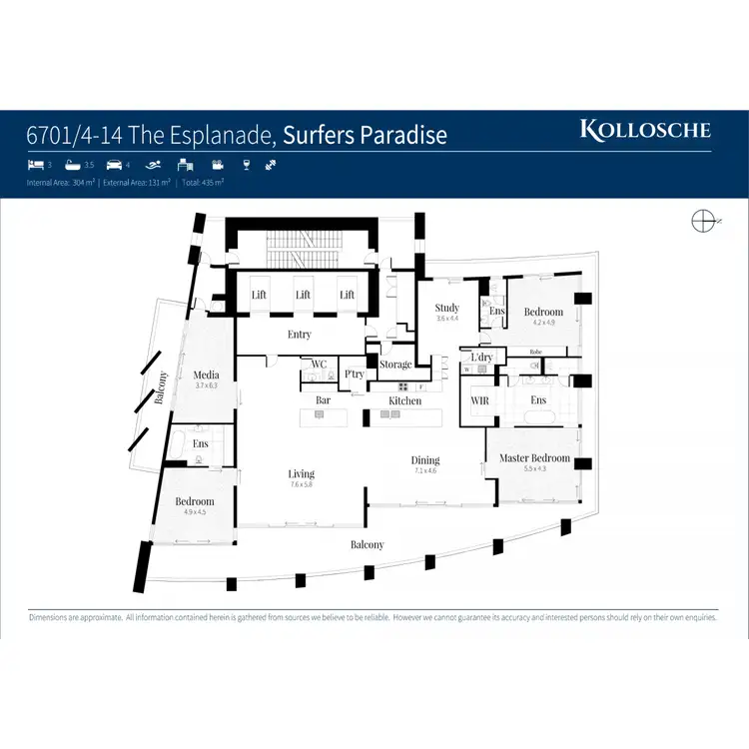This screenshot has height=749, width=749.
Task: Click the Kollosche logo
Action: pyautogui.click(x=645, y=130)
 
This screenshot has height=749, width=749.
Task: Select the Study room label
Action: pyautogui.click(x=447, y=308)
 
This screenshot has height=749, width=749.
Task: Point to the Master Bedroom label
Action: pyautogui.click(x=535, y=458)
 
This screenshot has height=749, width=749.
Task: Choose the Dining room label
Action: pyautogui.click(x=425, y=460)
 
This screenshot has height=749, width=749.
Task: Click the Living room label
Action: pyautogui.click(x=301, y=473)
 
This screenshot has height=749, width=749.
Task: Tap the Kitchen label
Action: pyautogui.click(x=405, y=400)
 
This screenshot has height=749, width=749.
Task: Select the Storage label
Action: pyautogui.click(x=395, y=365)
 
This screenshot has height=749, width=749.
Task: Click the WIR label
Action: pyautogui.click(x=478, y=400)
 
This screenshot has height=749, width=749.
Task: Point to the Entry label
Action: pyautogui.click(x=300, y=335)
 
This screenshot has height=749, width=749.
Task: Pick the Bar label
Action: pyautogui.click(x=324, y=400)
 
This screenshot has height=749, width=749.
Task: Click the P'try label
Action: pyautogui.click(x=354, y=374)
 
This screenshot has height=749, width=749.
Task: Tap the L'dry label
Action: pyautogui.click(x=482, y=357)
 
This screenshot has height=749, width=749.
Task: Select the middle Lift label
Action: pyautogui.click(x=303, y=295)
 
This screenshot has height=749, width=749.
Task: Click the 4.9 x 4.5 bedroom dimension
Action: pyautogui.click(x=194, y=512)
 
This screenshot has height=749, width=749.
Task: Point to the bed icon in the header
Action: pyautogui.click(x=35, y=166)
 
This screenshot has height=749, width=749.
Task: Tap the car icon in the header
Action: pyautogui.click(x=113, y=166)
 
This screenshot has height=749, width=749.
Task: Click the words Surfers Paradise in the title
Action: pyautogui.click(x=365, y=135)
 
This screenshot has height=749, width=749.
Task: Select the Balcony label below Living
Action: pyautogui.click(x=367, y=544)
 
